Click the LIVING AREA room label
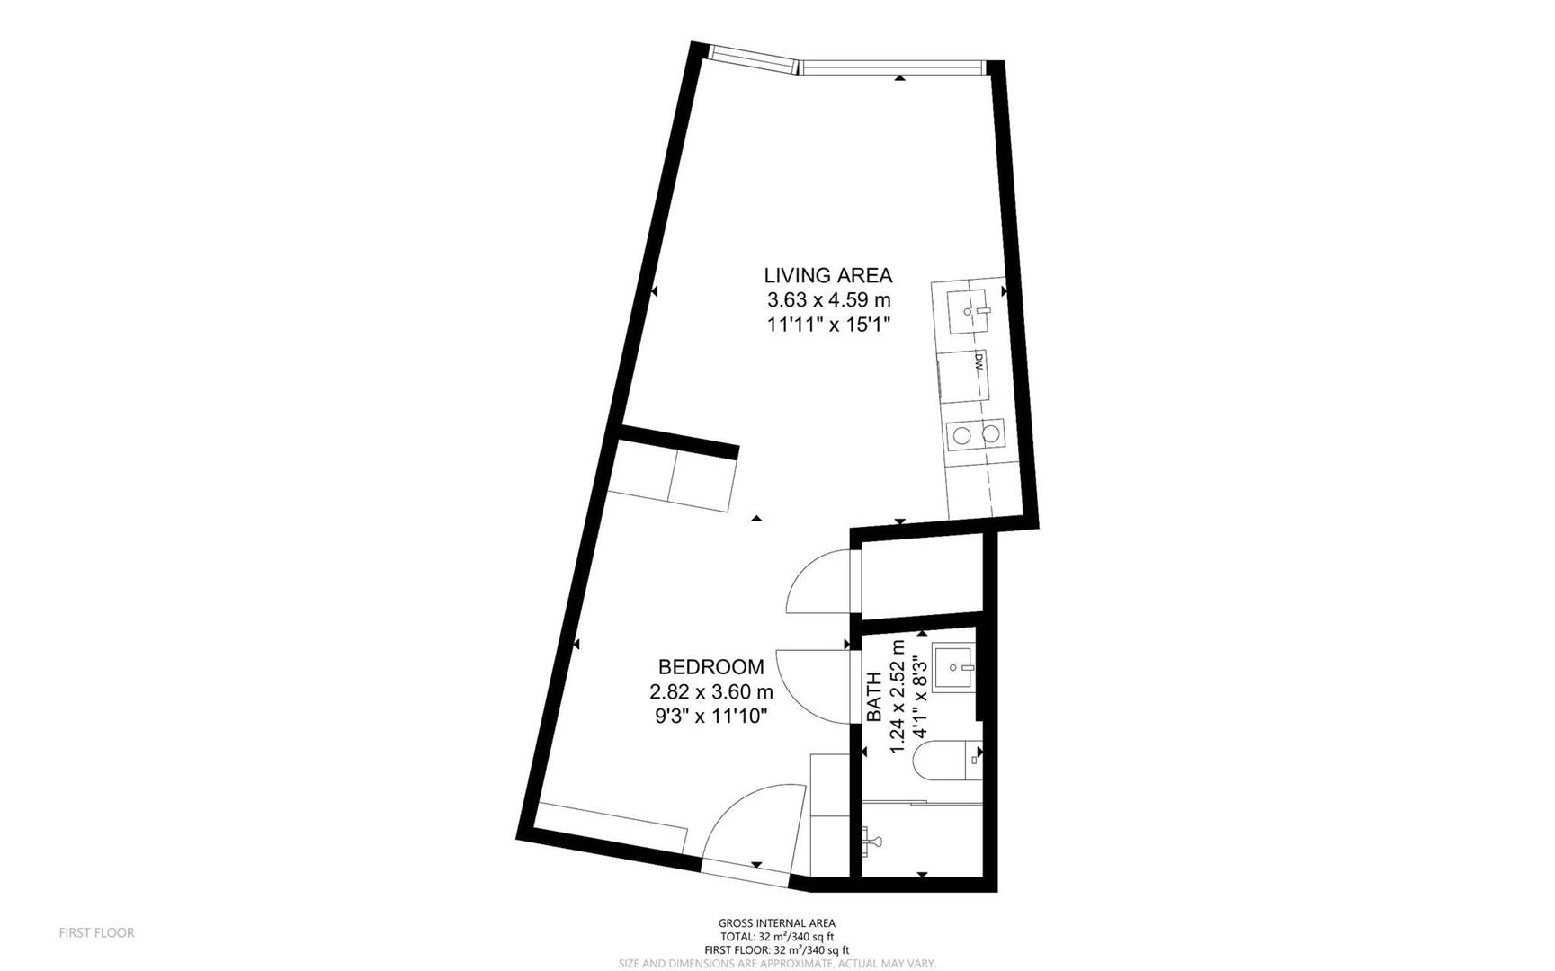point(827,275)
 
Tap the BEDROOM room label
point(710,667)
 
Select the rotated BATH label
point(874,697)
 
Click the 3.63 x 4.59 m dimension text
point(827,299)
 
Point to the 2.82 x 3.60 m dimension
point(710,691)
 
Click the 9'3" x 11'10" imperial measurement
point(710,716)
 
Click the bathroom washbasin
point(954,666)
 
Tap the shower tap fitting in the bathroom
point(871,842)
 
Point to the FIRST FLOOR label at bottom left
point(96,933)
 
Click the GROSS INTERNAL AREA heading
point(776,923)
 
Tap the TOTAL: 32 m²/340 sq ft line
point(776,937)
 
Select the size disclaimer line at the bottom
point(776,964)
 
